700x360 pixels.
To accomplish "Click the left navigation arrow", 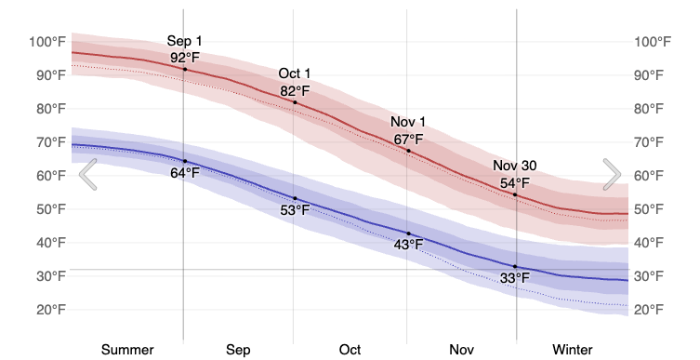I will [88, 174].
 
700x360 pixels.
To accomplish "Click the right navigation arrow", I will [612, 174].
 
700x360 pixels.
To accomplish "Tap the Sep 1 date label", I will [184, 41].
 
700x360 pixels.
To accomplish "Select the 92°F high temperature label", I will [184, 58].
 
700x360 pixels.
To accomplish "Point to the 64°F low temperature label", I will [184, 173].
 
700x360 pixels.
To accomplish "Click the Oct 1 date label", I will [295, 74].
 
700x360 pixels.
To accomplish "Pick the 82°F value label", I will [295, 91].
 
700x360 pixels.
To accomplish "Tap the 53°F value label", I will [295, 210].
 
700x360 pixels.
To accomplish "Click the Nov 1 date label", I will [407, 123].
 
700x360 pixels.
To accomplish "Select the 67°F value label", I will [407, 140].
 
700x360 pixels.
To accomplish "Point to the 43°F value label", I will [407, 245].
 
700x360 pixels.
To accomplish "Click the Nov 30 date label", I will [515, 167].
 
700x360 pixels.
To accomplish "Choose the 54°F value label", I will [515, 183].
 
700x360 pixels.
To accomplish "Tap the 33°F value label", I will [515, 278].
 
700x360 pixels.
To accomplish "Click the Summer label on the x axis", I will [127, 350].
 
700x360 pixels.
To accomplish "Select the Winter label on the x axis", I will [572, 350].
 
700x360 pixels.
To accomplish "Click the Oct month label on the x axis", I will [350, 350].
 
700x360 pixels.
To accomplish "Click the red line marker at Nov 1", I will [407, 151].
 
